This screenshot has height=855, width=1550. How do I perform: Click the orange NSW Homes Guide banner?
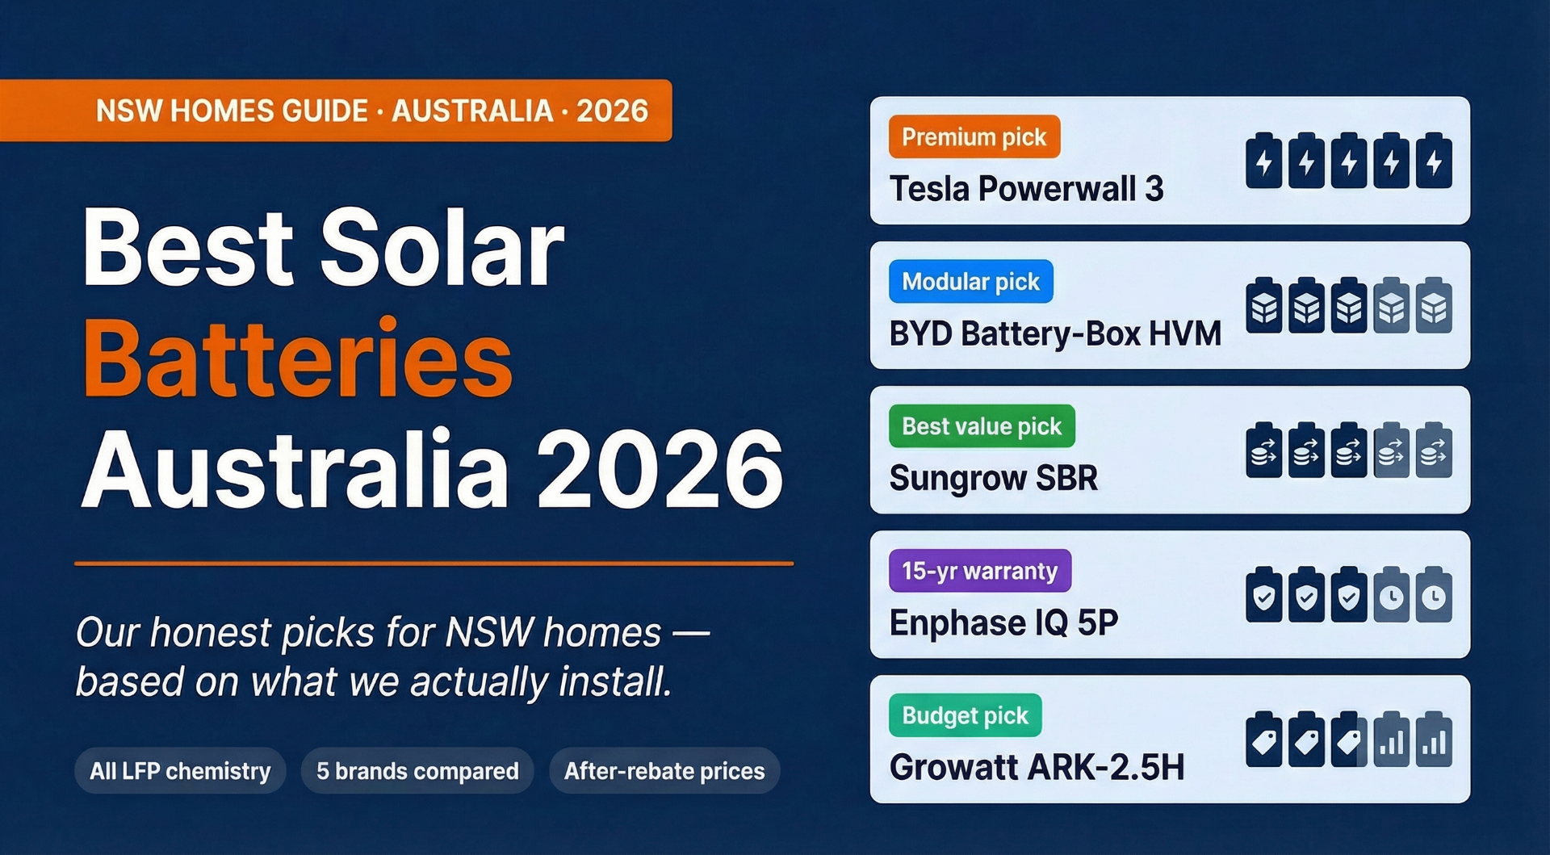pyautogui.click(x=335, y=111)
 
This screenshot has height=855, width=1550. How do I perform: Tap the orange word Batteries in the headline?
pyautogui.click(x=297, y=359)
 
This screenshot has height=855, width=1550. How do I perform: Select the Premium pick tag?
pyautogui.click(x=974, y=137)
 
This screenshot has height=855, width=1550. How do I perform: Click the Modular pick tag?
pyautogui.click(x=970, y=282)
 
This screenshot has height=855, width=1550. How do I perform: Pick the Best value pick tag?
pyautogui.click(x=981, y=426)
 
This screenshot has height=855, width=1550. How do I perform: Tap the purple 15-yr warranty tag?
pyautogui.click(x=979, y=571)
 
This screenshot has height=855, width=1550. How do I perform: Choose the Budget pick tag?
pyautogui.click(x=965, y=715)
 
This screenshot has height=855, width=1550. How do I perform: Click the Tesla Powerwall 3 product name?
pyautogui.click(x=1026, y=189)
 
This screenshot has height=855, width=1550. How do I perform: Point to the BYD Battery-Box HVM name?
pyautogui.click(x=1055, y=333)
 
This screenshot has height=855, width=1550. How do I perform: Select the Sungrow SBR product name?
pyautogui.click(x=993, y=478)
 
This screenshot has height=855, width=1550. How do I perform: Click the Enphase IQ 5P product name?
pyautogui.click(x=1003, y=622)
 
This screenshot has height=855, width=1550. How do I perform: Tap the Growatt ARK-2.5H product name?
pyautogui.click(x=1037, y=767)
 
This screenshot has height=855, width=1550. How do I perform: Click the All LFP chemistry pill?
pyautogui.click(x=180, y=771)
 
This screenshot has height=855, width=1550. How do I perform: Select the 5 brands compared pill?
pyautogui.click(x=417, y=771)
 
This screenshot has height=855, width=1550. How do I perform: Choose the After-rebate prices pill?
pyautogui.click(x=664, y=771)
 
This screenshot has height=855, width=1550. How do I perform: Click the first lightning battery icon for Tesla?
pyautogui.click(x=1263, y=161)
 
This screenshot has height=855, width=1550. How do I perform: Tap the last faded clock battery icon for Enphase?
pyautogui.click(x=1434, y=596)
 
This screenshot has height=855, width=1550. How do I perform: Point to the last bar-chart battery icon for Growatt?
pyautogui.click(x=1434, y=740)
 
